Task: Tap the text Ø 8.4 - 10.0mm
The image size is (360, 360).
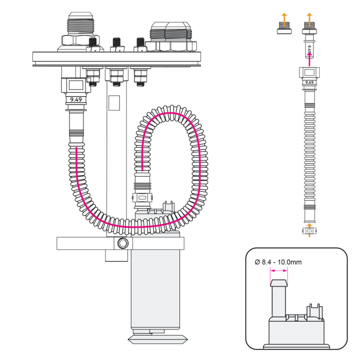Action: (278, 262)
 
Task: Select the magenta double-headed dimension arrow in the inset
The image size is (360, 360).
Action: (278, 272)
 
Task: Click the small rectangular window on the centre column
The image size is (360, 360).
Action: (113, 102)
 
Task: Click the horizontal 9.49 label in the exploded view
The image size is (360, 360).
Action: (309, 82)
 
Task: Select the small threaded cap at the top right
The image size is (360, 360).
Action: (284, 30)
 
